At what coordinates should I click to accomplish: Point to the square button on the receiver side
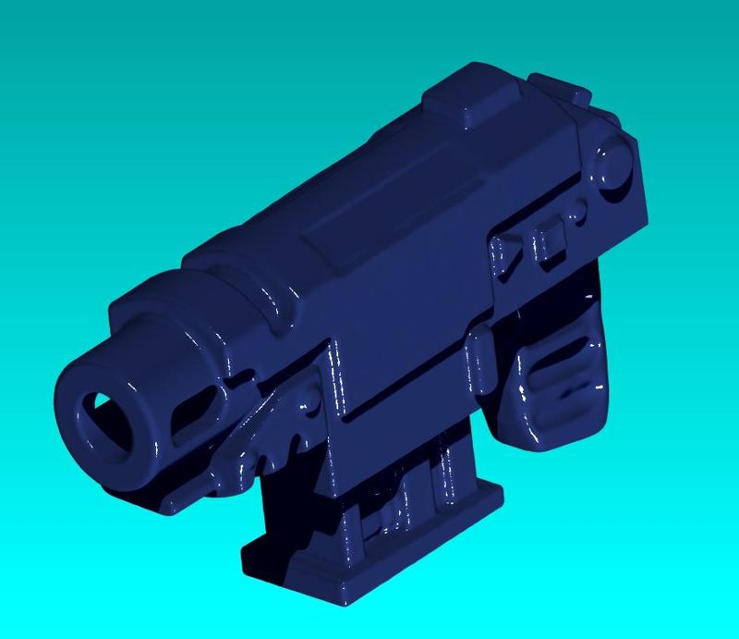coord(552,239)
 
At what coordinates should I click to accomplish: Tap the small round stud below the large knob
coord(576,217)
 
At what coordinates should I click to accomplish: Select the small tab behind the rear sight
coord(577,94)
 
